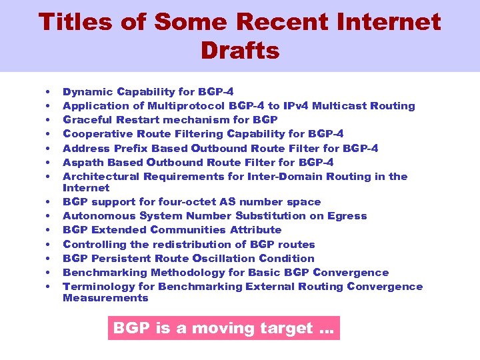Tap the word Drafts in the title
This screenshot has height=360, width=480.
239,51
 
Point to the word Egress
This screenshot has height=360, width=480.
346,215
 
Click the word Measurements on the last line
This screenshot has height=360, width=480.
105,298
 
